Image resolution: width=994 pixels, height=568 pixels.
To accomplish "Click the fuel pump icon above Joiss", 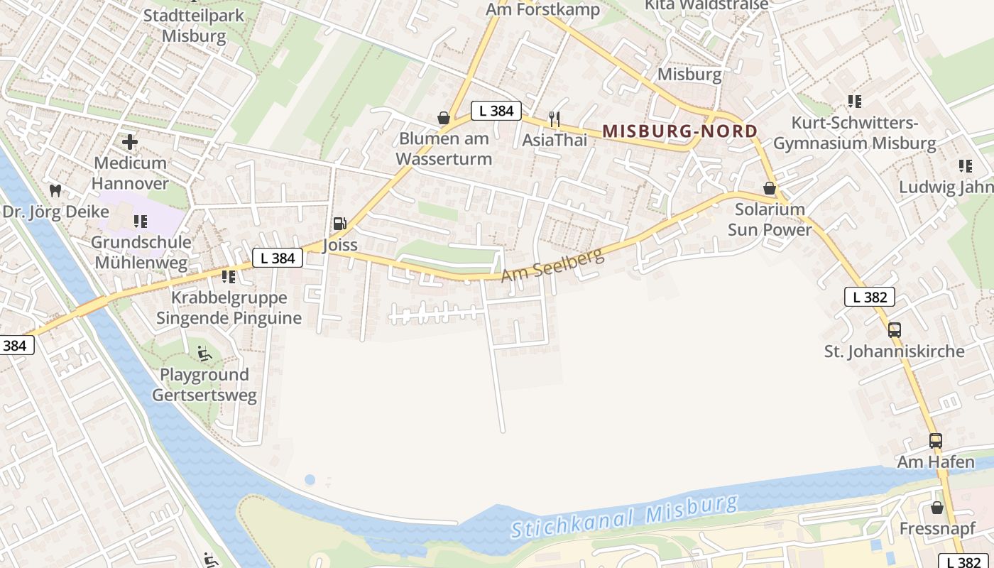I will tap(340, 224).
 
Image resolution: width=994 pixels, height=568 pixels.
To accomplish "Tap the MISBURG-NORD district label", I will tap(679, 131).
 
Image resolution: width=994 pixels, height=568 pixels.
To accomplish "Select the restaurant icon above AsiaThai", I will tap(555, 119).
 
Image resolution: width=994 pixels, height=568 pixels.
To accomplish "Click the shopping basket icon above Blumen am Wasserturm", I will tap(444, 117).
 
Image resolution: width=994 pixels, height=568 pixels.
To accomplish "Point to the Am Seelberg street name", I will tap(553, 265).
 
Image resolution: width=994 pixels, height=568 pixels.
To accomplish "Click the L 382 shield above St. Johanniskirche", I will tap(869, 297).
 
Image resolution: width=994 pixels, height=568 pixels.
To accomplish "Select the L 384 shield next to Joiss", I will tap(278, 258).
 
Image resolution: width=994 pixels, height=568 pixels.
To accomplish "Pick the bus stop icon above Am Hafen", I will tap(935, 440).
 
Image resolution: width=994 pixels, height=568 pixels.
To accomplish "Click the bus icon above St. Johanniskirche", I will tap(894, 329).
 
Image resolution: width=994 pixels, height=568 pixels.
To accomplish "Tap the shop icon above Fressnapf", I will tap(937, 508).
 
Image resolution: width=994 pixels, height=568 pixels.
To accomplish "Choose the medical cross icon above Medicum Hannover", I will tap(130, 142).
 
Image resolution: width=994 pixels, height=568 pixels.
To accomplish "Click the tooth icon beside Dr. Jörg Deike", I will tap(55, 190).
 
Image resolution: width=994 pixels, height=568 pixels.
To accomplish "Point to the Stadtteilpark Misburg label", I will tap(194, 26).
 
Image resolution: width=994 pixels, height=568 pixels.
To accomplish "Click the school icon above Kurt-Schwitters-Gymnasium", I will tap(855, 102).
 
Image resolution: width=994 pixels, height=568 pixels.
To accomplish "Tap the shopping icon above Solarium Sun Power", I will tap(769, 188).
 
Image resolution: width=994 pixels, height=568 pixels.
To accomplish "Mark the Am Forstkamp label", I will tap(542, 10).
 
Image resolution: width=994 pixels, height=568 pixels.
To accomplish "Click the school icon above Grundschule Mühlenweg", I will tap(140, 222).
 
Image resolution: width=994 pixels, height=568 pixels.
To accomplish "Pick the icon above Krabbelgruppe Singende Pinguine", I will tap(228, 276).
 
